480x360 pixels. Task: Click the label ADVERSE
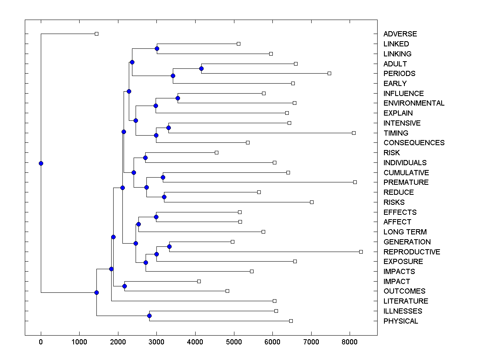coord(400,34)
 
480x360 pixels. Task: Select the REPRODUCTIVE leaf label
coord(412,252)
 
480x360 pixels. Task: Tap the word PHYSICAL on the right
coord(400,321)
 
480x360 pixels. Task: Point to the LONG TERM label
coord(405,232)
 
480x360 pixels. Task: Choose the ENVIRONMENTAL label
coord(414,103)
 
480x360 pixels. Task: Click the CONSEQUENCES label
coord(414,143)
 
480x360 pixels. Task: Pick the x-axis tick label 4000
coord(195,342)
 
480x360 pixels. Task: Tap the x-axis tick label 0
coord(41,342)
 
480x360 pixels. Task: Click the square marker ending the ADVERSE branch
coord(96,34)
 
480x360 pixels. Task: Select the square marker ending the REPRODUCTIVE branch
coord(361,252)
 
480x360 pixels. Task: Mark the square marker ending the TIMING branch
coord(354,133)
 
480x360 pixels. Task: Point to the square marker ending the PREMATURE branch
coord(355,182)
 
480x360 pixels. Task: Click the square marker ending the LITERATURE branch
coord(274,301)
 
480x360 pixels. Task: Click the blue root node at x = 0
coord(41,163)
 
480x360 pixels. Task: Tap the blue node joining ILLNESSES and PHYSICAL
coord(149,316)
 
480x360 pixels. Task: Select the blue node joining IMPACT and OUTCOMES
coord(124,286)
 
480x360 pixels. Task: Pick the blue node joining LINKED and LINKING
coord(157,49)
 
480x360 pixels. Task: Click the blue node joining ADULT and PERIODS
coord(201,69)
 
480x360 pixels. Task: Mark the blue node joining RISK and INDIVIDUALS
coord(145,158)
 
